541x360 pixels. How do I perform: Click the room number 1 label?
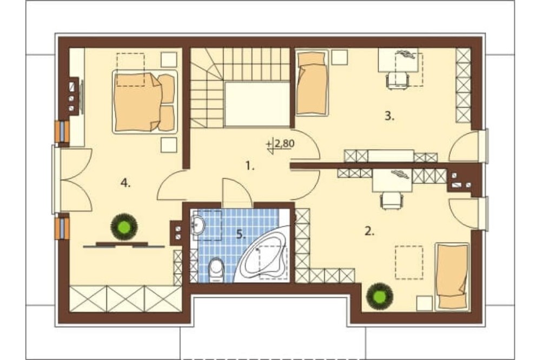pos(250,166)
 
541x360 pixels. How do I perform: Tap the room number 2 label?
pos(369,231)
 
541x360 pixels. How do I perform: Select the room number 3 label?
pos(389,116)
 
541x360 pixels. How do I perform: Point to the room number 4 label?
pos(126,183)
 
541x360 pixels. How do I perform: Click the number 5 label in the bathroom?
pos(241,235)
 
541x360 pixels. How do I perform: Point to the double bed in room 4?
pos(144,102)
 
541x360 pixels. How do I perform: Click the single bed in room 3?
pos(312,83)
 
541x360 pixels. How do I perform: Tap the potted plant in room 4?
pos(124,226)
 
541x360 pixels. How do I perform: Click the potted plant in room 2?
pos(380,296)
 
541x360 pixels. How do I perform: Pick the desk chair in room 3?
pos(397,81)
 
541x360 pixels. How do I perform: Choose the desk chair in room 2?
pos(392,201)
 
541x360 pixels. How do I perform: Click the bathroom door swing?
pos(237,190)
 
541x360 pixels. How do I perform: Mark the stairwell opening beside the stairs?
pos(257,104)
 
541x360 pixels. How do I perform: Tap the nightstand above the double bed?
pos(169,59)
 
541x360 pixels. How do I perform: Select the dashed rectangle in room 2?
pos(409,262)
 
